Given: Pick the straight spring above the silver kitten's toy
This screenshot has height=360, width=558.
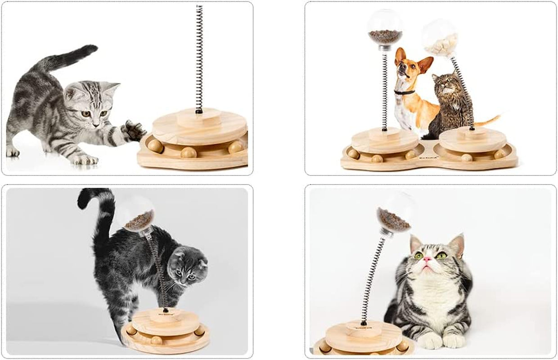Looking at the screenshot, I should click(199, 58).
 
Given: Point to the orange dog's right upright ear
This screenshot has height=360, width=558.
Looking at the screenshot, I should click(424, 63).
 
